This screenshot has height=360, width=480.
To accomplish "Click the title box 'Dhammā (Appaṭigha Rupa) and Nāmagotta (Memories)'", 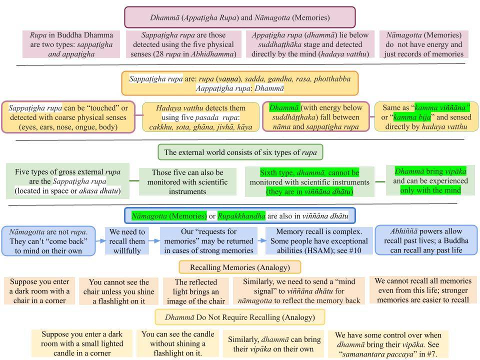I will tap(239, 17).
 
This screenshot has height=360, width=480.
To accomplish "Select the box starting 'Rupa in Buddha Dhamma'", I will tap(71, 44).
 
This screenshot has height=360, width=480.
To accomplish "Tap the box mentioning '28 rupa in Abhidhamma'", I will tap(183, 44).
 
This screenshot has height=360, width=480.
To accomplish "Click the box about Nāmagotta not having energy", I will tap(423, 44).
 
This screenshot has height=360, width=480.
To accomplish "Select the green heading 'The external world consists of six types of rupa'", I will tap(240, 152).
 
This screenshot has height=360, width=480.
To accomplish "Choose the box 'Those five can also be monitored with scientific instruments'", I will tap(187, 181).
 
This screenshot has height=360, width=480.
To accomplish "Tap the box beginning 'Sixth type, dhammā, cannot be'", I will tap(309, 182).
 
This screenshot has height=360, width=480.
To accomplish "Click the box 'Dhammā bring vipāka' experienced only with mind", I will tap(430, 180).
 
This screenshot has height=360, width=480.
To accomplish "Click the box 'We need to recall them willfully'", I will tap(127, 241).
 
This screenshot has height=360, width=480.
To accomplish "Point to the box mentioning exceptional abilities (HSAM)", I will tap(319, 241).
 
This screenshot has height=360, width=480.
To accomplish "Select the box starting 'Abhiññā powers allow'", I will tap(426, 240).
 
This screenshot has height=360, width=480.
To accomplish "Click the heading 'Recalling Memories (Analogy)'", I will tap(239, 267).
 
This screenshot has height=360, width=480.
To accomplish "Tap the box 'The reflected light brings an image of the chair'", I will tap(196, 291).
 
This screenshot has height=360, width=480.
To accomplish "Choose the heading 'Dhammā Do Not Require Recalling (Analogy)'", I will tap(239, 317).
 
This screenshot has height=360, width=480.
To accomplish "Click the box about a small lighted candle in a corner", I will tap(82, 343).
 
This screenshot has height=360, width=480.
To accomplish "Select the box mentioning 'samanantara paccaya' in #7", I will tap(388, 344).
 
